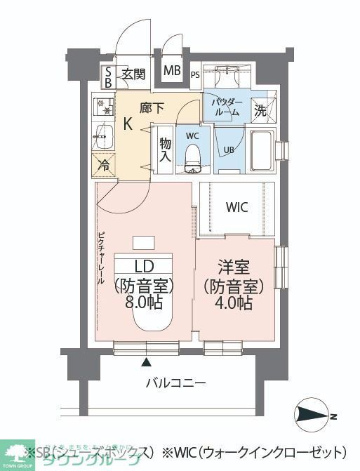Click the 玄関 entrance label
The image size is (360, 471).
(133, 74)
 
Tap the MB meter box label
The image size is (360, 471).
(171, 71)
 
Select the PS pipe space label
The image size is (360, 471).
(194, 75)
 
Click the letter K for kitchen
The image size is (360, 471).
(128, 124)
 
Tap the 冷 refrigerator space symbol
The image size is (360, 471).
(104, 166)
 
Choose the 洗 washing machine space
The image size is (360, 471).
(260, 110)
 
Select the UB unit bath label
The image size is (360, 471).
(229, 149)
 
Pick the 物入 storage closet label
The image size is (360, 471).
(164, 150)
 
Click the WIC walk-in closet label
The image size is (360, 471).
(236, 207)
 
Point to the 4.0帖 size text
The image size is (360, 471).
(234, 304)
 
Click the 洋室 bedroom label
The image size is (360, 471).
(234, 267)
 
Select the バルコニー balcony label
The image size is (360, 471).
(175, 383)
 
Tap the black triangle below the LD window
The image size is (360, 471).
(147, 363)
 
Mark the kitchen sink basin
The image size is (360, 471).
(104, 136)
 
